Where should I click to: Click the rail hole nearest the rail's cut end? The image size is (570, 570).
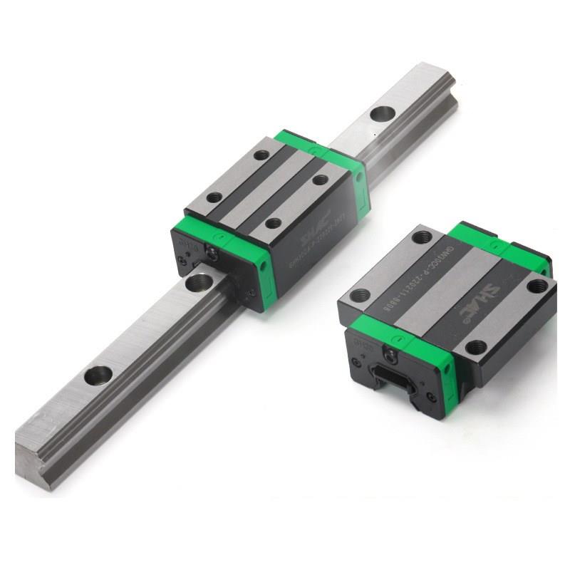[98, 375]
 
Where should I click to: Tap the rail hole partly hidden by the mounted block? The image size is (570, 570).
[199, 282]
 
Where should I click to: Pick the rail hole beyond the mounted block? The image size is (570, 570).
[383, 113]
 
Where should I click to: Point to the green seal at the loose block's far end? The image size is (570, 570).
[499, 242]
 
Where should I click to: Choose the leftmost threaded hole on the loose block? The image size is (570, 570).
[361, 294]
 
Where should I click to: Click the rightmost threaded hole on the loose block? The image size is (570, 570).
[537, 286]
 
